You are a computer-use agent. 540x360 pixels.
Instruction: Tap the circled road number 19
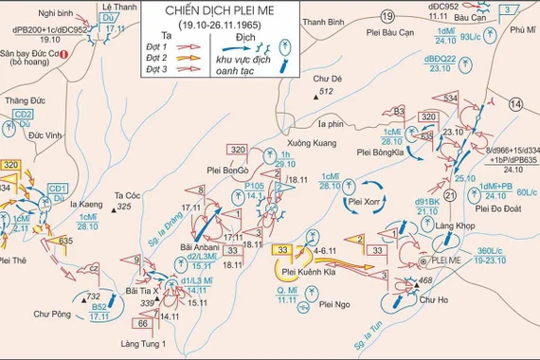[387, 16]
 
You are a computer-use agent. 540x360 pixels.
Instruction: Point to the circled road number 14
[515, 103]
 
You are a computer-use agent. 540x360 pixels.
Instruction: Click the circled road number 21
[450, 195]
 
